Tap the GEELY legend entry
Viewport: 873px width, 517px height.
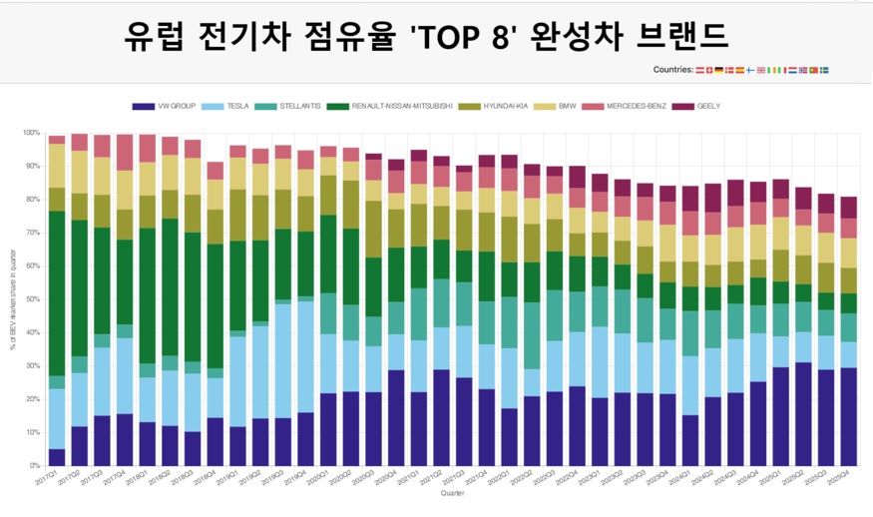[x=704, y=106]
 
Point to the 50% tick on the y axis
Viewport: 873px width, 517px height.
[x=31, y=299]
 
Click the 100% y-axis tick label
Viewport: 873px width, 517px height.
[x=30, y=133]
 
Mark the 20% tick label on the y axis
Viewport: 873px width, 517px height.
[x=31, y=399]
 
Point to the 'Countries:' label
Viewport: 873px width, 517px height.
[x=672, y=70]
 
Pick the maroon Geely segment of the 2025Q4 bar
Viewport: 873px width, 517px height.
[x=848, y=208]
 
